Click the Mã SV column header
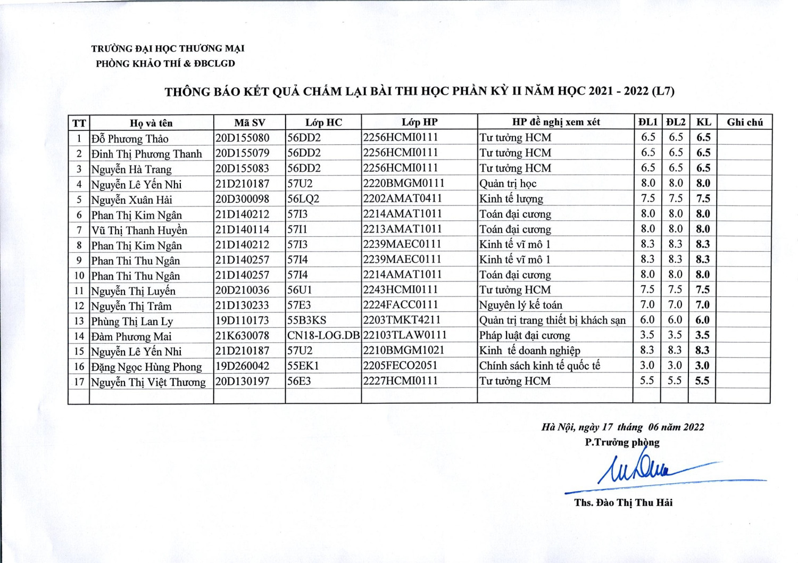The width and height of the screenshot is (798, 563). tap(250, 122)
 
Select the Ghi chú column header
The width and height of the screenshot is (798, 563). tap(744, 122)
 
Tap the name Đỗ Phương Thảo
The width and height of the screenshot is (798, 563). tap(130, 139)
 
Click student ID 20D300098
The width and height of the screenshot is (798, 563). tap(242, 199)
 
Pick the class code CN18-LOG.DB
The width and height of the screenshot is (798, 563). tap(323, 336)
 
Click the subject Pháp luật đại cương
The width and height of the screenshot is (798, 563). tap(525, 336)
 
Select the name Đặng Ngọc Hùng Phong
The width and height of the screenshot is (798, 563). tap(146, 367)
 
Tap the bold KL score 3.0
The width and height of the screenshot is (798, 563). tap(702, 366)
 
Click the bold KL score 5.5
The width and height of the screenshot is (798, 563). tap(702, 381)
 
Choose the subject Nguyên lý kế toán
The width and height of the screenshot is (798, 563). tap(520, 305)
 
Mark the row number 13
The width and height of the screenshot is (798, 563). tap(79, 321)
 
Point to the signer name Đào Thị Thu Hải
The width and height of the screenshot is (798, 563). tap(623, 503)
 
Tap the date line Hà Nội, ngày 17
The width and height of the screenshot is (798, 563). tap(622, 427)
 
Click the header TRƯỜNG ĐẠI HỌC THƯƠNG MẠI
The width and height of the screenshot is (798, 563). tap(168, 48)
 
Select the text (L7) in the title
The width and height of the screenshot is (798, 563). tap(663, 91)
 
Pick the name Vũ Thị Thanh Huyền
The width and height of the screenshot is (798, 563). tap(139, 230)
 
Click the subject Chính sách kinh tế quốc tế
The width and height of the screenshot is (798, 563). tap(539, 366)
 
